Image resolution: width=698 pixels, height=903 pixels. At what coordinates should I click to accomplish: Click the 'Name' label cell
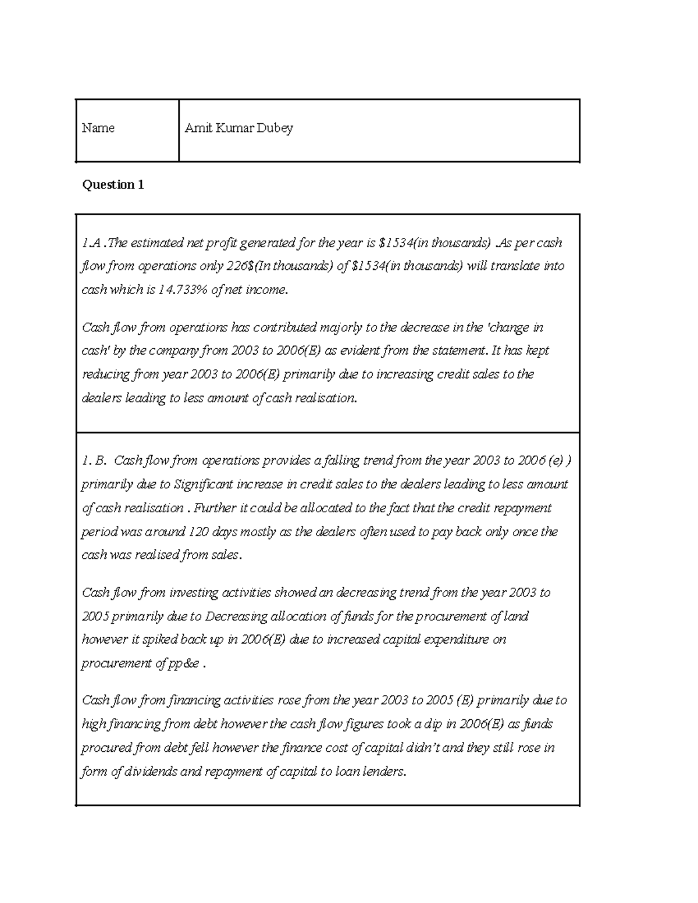coord(98,128)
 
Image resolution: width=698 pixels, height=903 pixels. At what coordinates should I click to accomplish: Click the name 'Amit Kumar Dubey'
coord(238,128)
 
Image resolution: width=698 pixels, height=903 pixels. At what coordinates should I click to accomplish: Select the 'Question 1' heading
coord(113,185)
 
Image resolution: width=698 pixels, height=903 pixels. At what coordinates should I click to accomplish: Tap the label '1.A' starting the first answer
coord(92,242)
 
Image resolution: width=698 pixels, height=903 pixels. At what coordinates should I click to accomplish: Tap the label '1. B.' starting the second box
coord(94,461)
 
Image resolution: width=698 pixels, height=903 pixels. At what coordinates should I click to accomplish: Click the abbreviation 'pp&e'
coord(184,663)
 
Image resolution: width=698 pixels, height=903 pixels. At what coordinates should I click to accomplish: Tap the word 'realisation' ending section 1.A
coord(325,398)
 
